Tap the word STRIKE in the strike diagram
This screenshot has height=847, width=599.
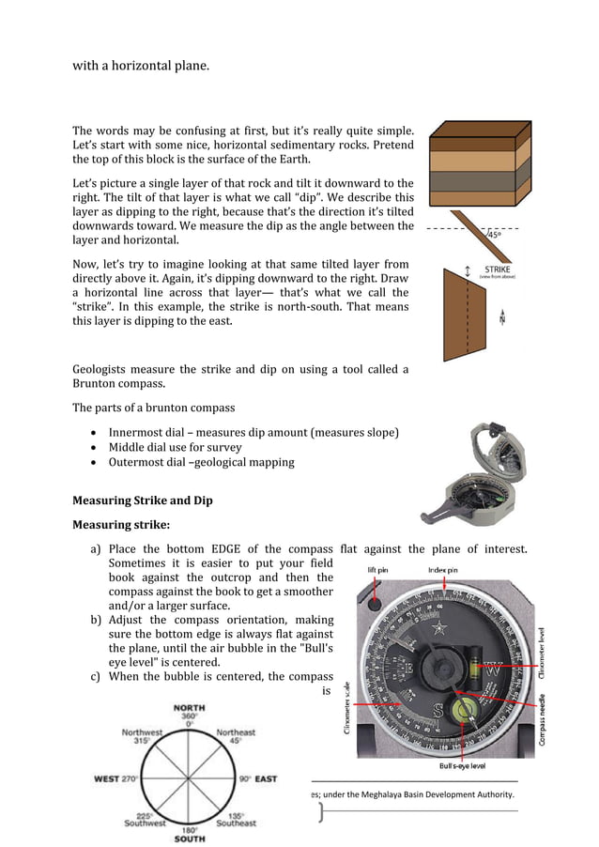point(498,269)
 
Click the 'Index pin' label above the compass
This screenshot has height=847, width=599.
point(443,569)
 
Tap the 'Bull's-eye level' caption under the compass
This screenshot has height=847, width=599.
point(462,766)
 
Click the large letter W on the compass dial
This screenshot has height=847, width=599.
point(492,670)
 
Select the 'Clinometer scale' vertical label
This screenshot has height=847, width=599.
point(350,706)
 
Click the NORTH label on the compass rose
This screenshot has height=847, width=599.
point(190,708)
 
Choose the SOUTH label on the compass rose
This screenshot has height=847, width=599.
point(189,838)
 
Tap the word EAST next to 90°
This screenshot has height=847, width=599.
point(266,779)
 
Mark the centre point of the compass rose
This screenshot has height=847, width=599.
point(190,778)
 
